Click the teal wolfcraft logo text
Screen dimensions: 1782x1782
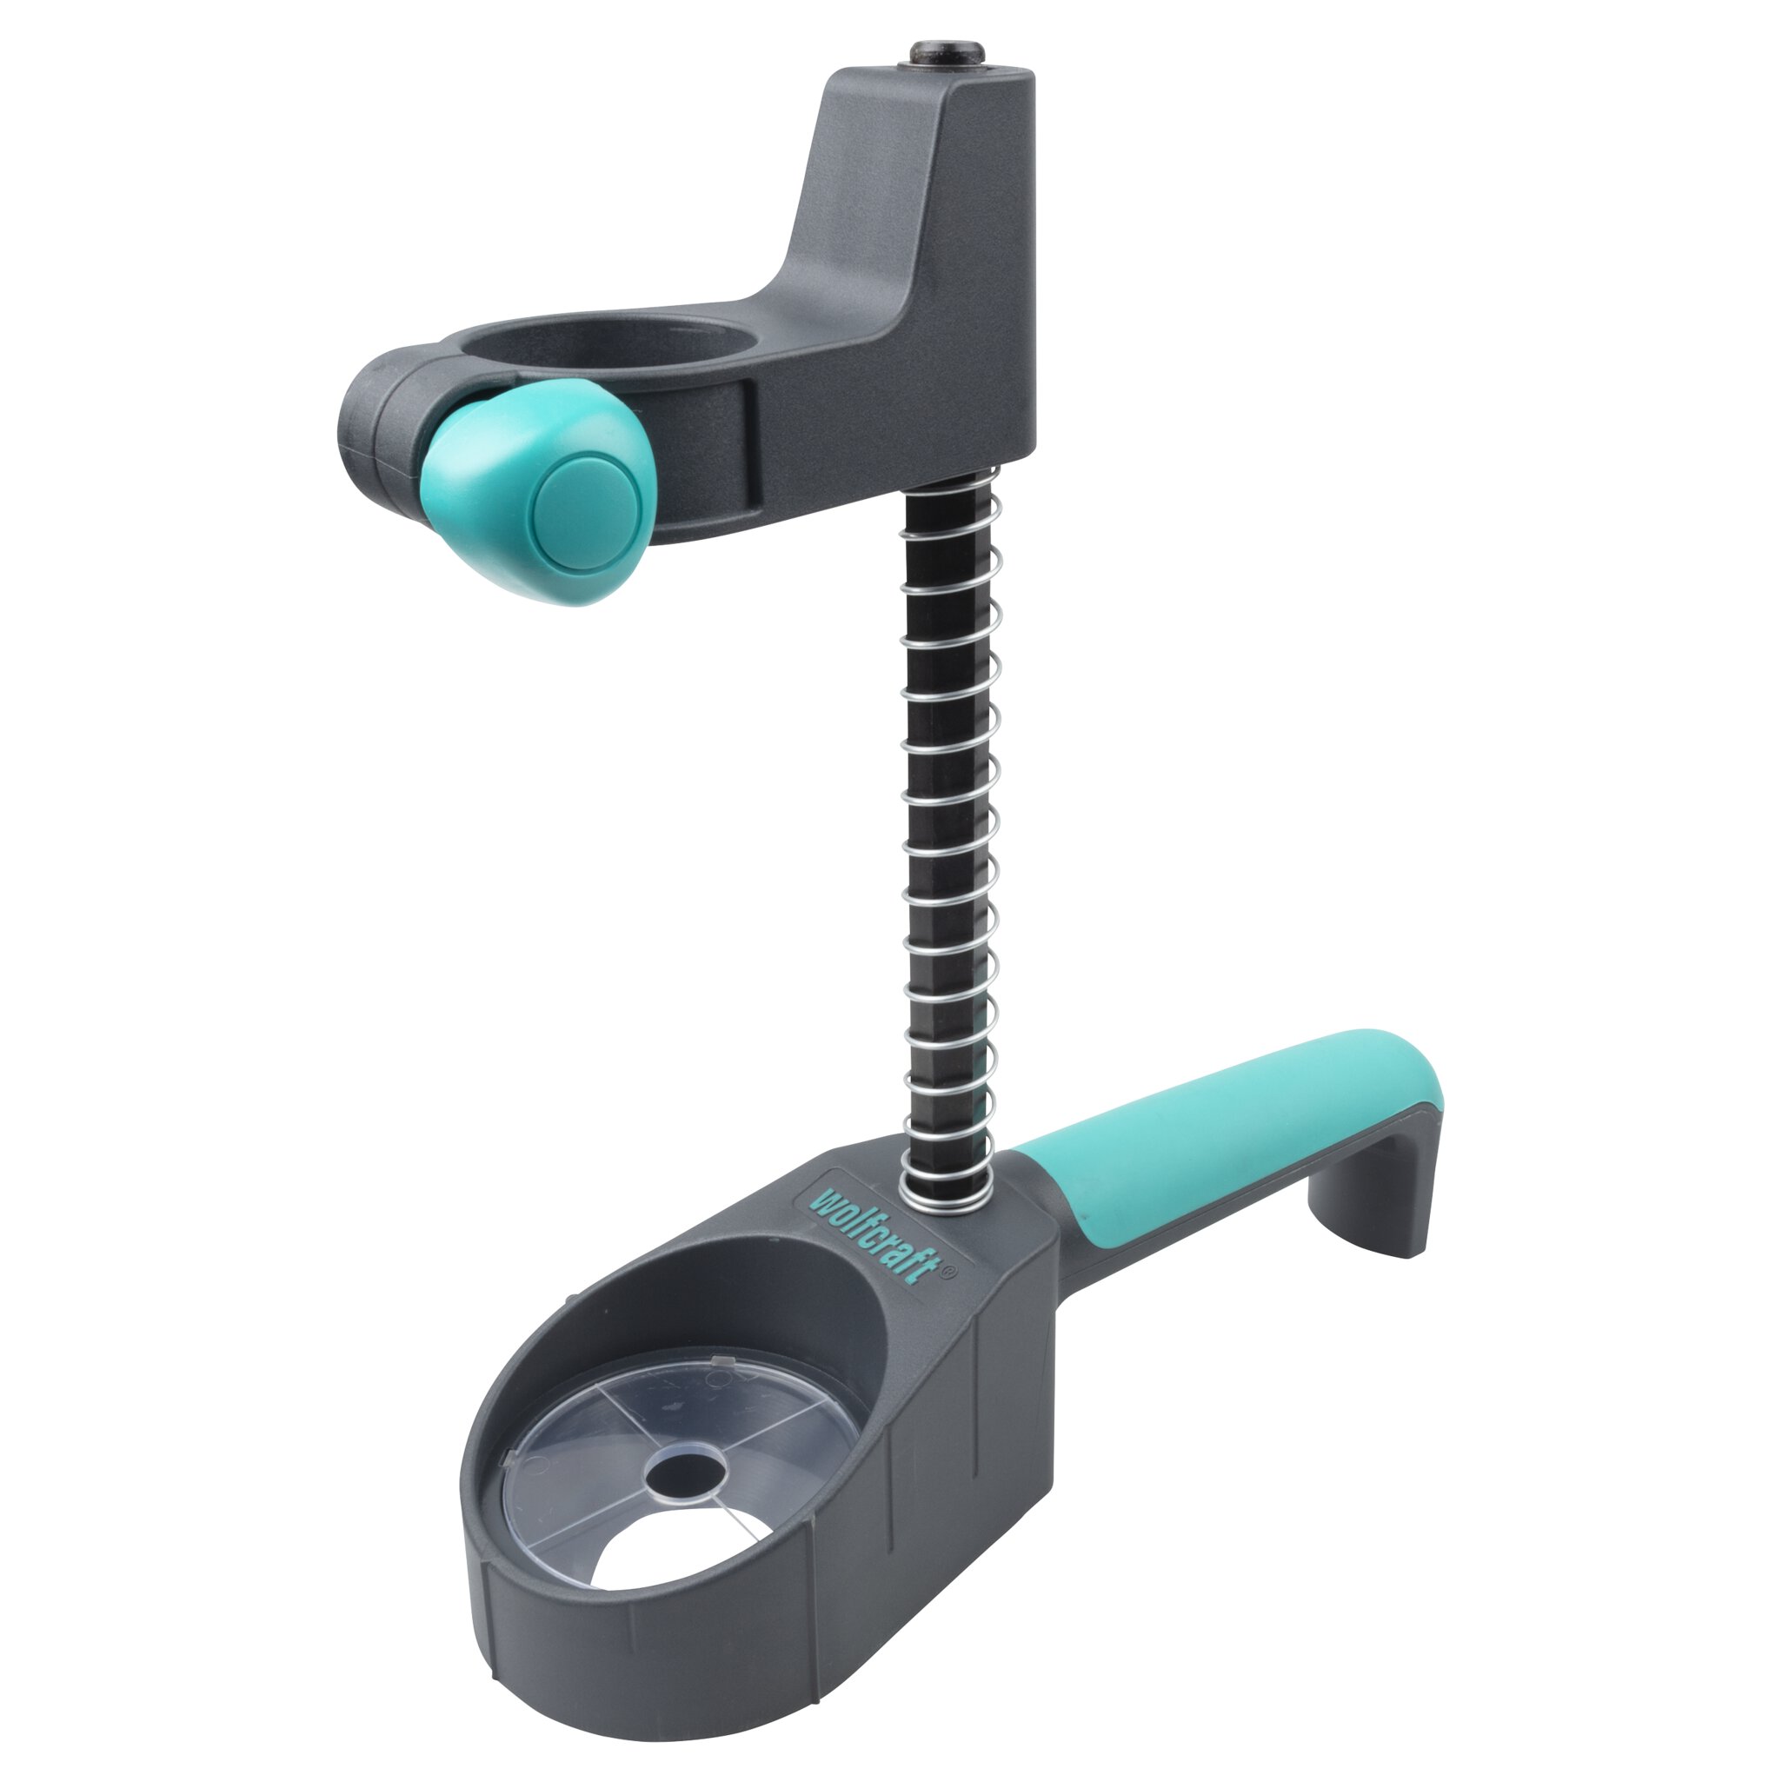872,1235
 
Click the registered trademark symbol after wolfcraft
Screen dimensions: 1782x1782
949,1270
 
